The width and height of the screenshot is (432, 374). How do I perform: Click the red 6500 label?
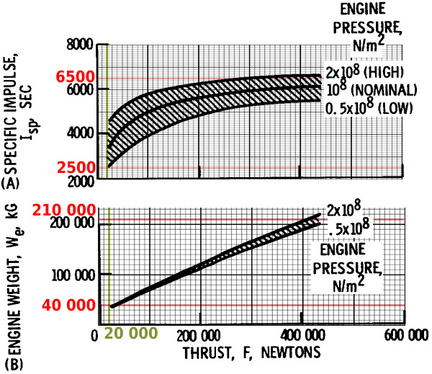[x=75, y=77]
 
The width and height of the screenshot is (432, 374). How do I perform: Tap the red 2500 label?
[x=76, y=168]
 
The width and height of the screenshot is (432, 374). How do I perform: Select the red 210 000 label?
[x=64, y=210]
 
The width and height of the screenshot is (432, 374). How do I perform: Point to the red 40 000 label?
[x=68, y=306]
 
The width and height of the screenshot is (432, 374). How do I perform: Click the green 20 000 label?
[x=131, y=333]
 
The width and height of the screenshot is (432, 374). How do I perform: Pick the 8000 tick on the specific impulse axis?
[x=80, y=45]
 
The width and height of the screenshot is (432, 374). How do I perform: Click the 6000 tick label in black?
[x=81, y=89]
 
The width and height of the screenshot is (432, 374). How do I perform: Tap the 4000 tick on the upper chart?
[x=81, y=133]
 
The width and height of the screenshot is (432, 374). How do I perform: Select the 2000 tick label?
[x=81, y=182]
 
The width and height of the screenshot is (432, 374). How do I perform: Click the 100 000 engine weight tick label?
[x=73, y=275]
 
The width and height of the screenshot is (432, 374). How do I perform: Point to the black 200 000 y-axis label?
[x=73, y=223]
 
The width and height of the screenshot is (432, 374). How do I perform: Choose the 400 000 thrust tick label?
[x=303, y=336]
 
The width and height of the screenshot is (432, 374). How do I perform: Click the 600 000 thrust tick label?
[x=406, y=336]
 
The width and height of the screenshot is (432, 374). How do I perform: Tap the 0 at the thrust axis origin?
[x=94, y=336]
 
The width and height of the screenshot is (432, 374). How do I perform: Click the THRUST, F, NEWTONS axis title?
[x=252, y=353]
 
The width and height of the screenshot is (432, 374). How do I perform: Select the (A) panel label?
[x=10, y=183]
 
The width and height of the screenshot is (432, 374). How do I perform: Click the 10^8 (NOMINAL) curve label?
[x=372, y=89]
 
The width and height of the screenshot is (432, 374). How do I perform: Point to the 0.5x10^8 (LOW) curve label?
[x=369, y=107]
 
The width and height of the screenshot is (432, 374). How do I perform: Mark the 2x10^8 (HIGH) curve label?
[x=364, y=71]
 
